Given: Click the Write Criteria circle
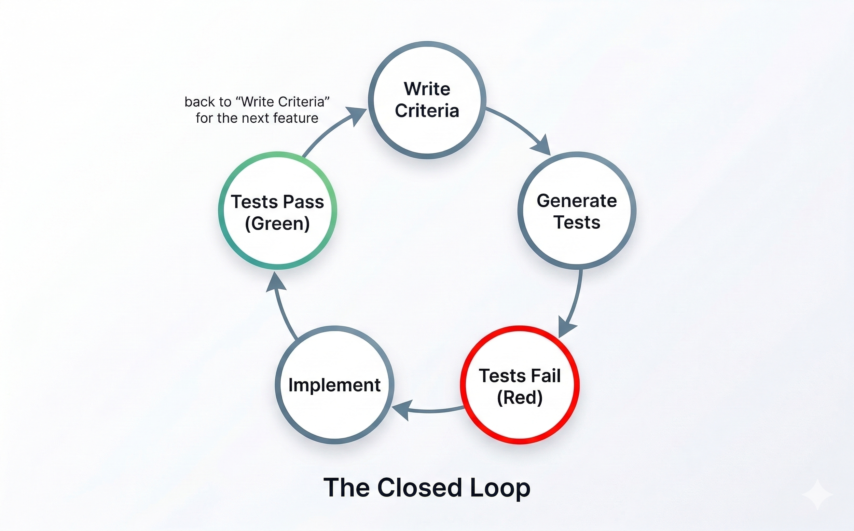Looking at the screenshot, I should click(427, 100).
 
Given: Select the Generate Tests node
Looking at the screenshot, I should click(577, 211).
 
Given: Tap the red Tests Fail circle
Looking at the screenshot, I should click(519, 385).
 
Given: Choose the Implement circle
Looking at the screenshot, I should click(335, 385).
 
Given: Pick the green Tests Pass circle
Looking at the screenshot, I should click(278, 211).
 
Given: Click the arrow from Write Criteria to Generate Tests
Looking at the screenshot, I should click(520, 128).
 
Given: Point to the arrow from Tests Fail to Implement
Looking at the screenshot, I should click(429, 410).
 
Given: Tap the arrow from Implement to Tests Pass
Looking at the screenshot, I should click(281, 306).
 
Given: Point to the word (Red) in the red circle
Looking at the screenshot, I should click(519, 397).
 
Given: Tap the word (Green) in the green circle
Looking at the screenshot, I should click(278, 223).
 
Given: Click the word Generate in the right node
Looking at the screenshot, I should click(577, 200).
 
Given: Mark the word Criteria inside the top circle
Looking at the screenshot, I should click(427, 111).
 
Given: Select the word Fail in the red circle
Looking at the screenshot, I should click(546, 375).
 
